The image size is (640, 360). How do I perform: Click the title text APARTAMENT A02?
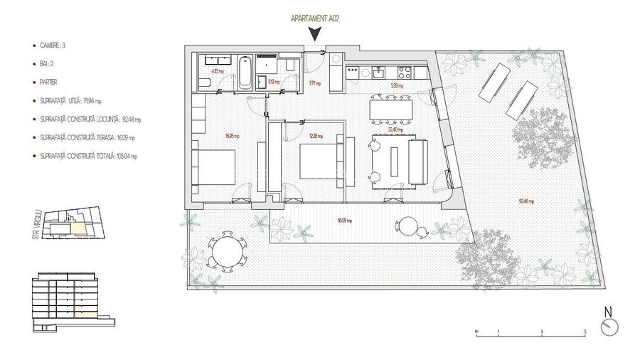coord(314,19)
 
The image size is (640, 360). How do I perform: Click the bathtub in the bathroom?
coord(244,71)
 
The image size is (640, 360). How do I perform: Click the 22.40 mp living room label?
coord(396,130)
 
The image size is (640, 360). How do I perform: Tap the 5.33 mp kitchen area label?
coord(397,86)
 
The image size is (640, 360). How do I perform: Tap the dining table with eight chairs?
coord(391,109)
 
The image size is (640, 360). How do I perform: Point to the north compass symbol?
coord(609,327)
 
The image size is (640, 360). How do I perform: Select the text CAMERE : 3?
coord(54,45)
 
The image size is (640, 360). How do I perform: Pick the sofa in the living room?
coord(417,160)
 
